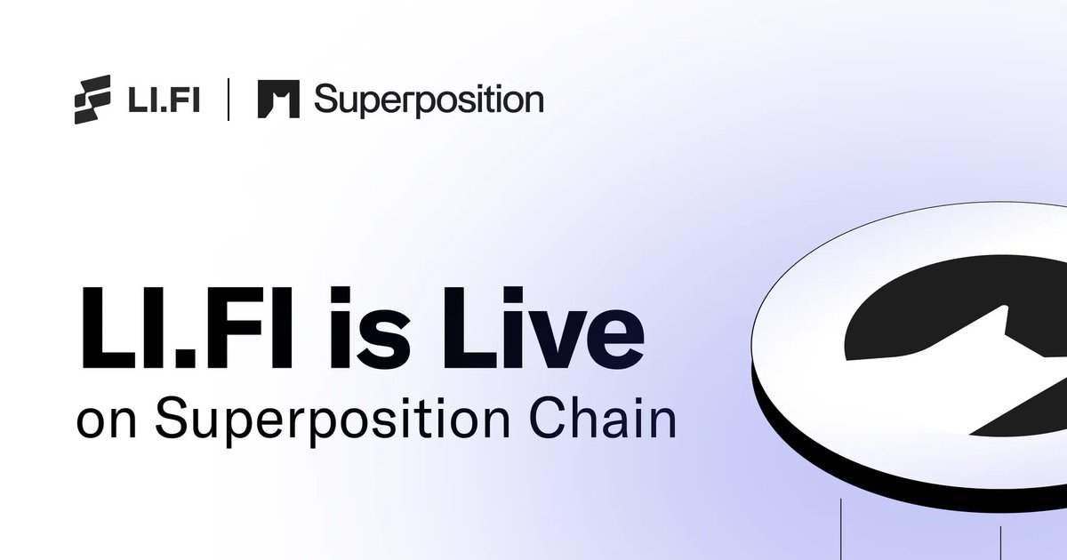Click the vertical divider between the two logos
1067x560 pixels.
229,100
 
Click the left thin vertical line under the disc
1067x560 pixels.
840,529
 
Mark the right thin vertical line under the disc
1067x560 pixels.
1001,542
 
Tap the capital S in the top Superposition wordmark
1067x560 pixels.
327,100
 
